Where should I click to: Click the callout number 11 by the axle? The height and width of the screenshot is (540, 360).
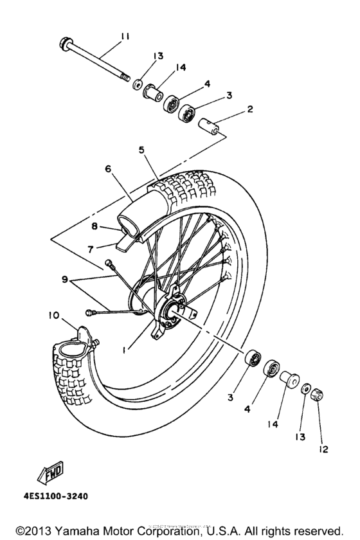click(x=124, y=37)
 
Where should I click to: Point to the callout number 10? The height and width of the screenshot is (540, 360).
click(x=53, y=314)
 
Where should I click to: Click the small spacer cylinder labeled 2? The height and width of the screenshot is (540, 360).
click(x=212, y=124)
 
